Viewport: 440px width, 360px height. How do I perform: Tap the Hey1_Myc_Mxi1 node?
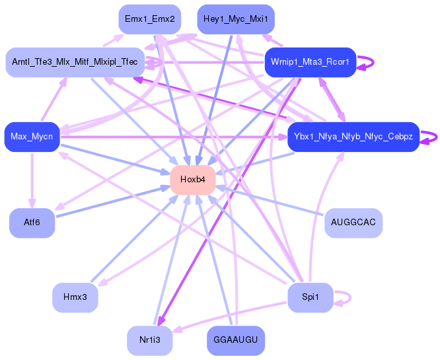236,19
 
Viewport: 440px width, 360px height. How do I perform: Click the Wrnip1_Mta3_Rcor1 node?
310,62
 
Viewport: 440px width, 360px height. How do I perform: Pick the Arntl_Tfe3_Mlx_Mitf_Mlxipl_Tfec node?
75,62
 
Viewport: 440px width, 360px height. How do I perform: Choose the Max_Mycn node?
32,137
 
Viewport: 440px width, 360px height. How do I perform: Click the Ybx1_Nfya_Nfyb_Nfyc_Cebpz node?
353,137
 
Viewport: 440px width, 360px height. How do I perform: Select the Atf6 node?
32,223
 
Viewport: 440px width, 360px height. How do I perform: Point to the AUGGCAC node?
353,223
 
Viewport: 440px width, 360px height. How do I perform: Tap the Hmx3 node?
75,297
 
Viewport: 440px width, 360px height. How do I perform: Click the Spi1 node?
310,297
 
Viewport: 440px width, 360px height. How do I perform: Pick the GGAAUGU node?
236,340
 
